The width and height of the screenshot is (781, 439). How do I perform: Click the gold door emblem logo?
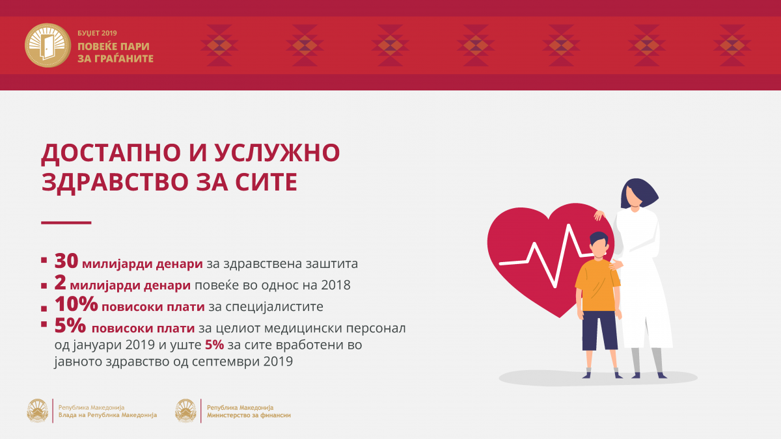(x=48, y=46)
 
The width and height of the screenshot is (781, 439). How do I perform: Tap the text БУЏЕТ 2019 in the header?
(x=97, y=33)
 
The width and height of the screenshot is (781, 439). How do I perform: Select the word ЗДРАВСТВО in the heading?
(x=115, y=182)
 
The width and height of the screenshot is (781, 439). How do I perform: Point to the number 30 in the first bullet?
(x=66, y=261)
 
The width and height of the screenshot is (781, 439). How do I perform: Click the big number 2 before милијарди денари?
(x=60, y=282)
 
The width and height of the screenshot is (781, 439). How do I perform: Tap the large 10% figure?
(x=76, y=304)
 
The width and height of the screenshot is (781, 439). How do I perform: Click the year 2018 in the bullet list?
(x=335, y=285)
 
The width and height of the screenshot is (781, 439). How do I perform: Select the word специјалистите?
(x=274, y=307)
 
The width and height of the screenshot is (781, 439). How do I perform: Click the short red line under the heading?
(x=66, y=222)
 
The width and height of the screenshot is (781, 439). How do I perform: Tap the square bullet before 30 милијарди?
(x=44, y=260)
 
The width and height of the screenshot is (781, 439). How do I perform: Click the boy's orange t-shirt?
(x=597, y=285)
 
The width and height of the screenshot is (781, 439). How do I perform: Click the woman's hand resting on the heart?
(x=599, y=215)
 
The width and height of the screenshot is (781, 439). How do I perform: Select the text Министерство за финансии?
(x=249, y=416)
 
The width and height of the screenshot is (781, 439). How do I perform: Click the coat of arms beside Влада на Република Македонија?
(x=38, y=411)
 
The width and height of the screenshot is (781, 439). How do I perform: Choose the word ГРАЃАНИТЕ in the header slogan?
(x=115, y=59)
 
